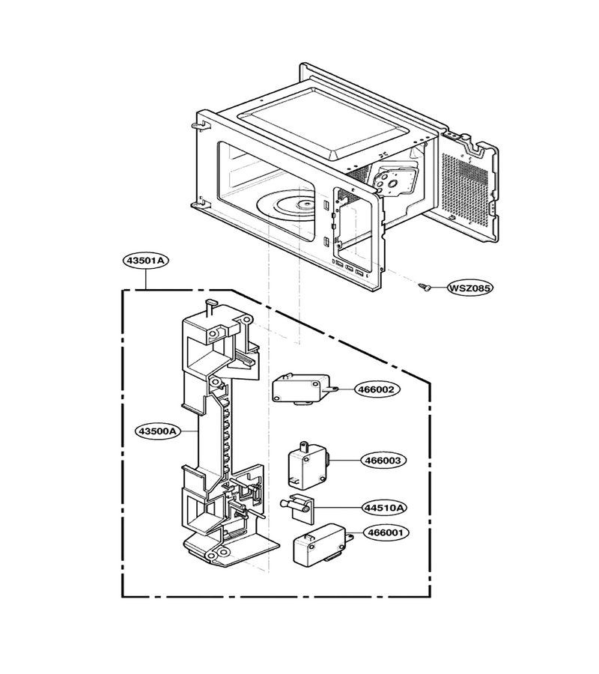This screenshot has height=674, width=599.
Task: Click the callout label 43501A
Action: click(146, 260)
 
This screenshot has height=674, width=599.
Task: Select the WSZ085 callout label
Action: click(469, 288)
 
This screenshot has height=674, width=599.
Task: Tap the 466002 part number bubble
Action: click(377, 389)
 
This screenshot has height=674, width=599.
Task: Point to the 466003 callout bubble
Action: click(383, 461)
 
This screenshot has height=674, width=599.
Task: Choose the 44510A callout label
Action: click(384, 508)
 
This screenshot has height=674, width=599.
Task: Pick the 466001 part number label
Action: click(386, 533)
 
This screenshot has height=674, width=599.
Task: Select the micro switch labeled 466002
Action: click(303, 389)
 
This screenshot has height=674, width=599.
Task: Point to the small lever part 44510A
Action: click(297, 506)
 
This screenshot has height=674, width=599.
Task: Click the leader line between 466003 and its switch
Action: click(344, 461)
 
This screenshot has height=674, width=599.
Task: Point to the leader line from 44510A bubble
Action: click(338, 508)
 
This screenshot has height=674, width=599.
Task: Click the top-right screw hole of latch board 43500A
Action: click(246, 321)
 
